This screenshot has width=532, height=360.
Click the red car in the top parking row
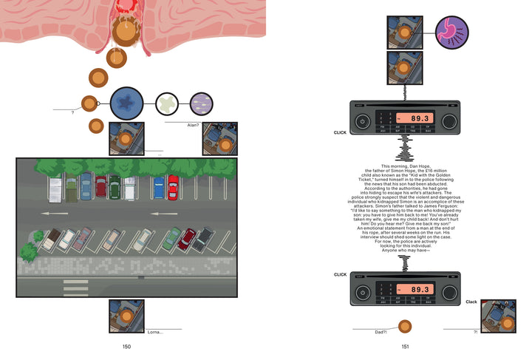point(173,188)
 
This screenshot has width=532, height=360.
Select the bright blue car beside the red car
point(159,188)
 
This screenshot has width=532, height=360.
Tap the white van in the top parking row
point(55,189)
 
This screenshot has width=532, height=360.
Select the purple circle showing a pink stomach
point(451,34)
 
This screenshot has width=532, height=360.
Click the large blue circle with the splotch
point(131,104)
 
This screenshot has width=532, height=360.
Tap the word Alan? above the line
point(193,126)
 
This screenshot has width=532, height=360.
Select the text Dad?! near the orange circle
point(381,333)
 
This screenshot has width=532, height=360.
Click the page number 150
point(126,347)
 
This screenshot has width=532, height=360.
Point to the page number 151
point(405,347)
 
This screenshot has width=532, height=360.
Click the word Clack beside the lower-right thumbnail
point(471,302)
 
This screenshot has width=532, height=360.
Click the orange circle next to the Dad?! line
point(404,326)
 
